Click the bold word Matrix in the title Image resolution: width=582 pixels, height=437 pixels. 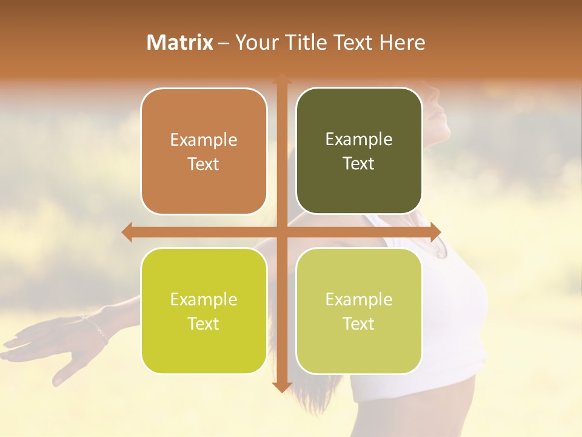pos(180,42)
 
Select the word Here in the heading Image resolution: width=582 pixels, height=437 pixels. pos(403,42)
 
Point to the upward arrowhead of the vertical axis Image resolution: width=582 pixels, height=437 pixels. pos(281,80)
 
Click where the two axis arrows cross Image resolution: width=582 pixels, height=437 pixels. pos(281,232)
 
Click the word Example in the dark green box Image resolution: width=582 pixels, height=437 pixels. pos(359,139)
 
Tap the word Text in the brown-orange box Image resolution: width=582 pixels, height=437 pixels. pos(204,164)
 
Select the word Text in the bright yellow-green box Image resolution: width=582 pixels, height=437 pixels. pos(204,324)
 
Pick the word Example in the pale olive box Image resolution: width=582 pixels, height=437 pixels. pos(359,299)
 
